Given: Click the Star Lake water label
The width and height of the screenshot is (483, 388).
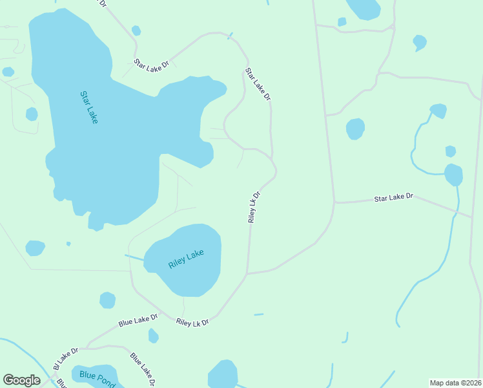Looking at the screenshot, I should [89, 107].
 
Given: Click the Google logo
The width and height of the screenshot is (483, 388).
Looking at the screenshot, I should [22, 380].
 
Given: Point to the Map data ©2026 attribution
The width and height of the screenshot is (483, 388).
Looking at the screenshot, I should [456, 382].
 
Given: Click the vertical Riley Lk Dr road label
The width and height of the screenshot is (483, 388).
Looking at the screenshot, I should [254, 208].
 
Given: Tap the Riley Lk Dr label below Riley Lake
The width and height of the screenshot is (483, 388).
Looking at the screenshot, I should [192, 321].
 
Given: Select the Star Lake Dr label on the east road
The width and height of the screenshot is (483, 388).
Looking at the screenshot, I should [393, 197].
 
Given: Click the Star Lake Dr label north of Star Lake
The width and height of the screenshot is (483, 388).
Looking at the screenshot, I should [151, 63].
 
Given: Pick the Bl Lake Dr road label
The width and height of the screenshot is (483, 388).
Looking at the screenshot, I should [65, 358].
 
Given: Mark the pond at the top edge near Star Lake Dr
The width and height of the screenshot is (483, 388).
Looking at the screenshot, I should [363, 8].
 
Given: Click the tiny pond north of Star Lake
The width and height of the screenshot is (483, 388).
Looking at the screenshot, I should [136, 30].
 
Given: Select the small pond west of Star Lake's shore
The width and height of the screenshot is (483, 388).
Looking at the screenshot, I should [32, 114].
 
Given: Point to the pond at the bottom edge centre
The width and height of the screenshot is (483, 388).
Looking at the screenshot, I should [223, 375].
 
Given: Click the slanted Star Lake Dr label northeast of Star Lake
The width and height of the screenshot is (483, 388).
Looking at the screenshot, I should [258, 84].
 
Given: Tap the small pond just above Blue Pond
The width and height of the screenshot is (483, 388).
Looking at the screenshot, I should [153, 336].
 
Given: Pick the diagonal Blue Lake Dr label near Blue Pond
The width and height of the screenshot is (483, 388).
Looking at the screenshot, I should [143, 368].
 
